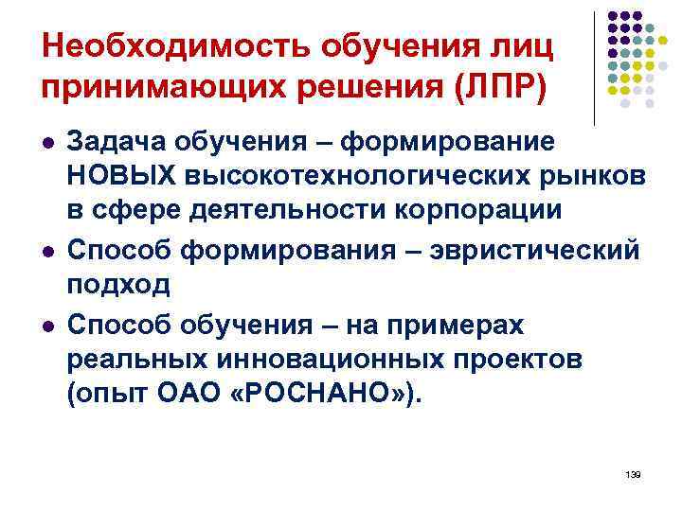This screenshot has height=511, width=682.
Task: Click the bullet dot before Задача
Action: click(47, 141)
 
